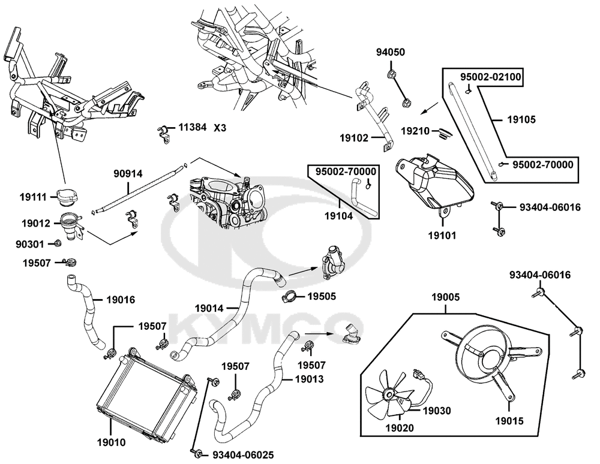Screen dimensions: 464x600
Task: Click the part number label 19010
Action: click(111, 444)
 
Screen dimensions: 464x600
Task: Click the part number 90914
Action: click(128, 173)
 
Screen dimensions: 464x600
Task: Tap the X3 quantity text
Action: click(220, 127)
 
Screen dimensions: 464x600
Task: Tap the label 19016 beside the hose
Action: click(121, 299)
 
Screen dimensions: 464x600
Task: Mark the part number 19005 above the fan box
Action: click(446, 297)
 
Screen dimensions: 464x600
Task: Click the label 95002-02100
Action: click(491, 77)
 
